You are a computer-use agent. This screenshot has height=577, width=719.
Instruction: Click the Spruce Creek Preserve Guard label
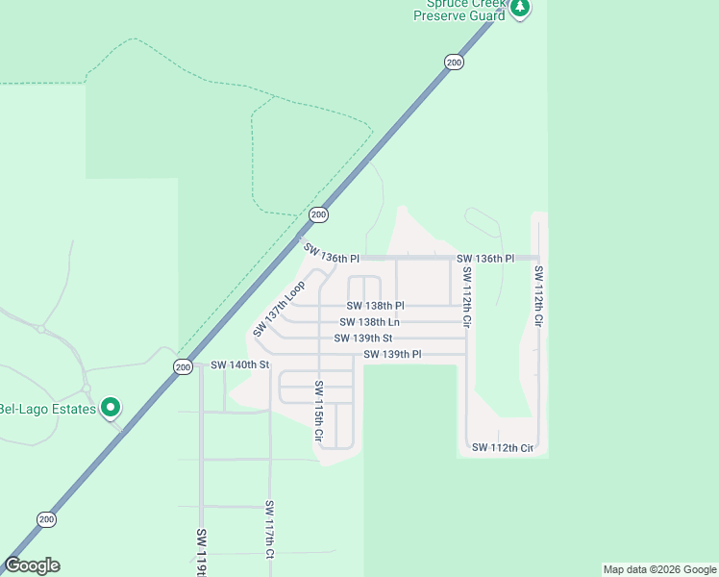click(x=459, y=11)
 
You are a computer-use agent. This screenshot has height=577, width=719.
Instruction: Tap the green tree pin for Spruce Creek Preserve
click(x=520, y=8)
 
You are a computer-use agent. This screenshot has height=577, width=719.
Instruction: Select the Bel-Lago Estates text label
click(x=48, y=409)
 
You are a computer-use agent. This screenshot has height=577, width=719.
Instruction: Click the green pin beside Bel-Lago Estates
click(x=111, y=408)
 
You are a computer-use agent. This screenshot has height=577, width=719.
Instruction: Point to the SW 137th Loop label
click(x=280, y=308)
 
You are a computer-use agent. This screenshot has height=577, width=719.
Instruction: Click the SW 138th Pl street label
click(x=375, y=306)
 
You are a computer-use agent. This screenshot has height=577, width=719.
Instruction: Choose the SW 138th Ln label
click(x=369, y=322)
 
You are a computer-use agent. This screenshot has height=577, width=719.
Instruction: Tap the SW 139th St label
click(x=363, y=339)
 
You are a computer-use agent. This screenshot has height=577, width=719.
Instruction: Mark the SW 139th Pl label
click(x=392, y=355)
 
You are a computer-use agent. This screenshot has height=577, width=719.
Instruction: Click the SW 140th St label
click(x=239, y=365)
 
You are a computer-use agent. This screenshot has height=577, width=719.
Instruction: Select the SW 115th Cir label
click(x=319, y=413)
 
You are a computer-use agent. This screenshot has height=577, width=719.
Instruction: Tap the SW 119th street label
click(x=202, y=552)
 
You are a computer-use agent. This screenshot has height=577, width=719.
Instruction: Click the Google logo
click(x=32, y=565)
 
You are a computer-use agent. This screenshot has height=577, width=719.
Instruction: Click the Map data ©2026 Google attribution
click(x=659, y=569)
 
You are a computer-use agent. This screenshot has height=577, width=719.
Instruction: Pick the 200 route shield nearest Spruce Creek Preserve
click(x=455, y=63)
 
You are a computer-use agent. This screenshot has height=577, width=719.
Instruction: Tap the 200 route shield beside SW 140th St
click(x=183, y=366)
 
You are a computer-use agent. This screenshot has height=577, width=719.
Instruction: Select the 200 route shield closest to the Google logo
click(x=47, y=519)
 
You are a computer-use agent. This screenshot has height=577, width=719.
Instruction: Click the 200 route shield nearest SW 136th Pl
click(x=319, y=213)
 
